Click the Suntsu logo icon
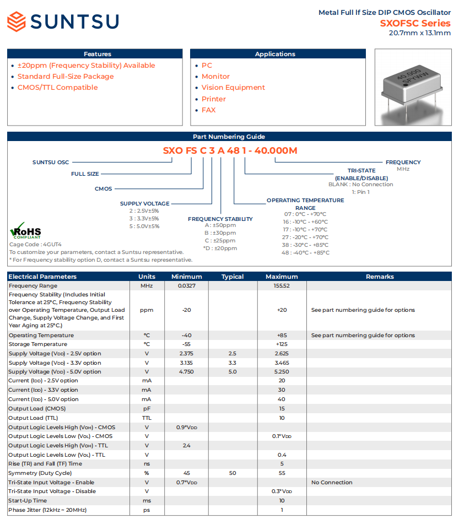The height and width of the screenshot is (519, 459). point(17,22)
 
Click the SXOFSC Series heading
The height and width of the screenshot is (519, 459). point(415,23)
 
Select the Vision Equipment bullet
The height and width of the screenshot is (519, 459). point(233,88)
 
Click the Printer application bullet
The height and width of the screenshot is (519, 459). point(213,99)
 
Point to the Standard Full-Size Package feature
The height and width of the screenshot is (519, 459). point(65,77)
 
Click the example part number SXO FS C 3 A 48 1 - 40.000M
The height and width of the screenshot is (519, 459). point(230,150)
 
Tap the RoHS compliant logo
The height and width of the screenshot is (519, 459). point(25,230)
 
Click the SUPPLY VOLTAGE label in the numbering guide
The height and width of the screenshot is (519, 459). point(144,204)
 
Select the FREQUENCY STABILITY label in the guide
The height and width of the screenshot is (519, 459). point(220,219)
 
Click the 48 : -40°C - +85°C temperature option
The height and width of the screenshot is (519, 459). point(306,253)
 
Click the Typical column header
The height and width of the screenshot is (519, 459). point(233,277)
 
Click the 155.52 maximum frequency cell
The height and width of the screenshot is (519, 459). point(282,286)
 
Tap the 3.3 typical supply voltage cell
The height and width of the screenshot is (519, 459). point(233,363)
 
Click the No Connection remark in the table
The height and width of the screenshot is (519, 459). point(332,483)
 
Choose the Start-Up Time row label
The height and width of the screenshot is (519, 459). point(28,501)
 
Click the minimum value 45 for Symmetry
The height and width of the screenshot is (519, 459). point(186,473)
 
